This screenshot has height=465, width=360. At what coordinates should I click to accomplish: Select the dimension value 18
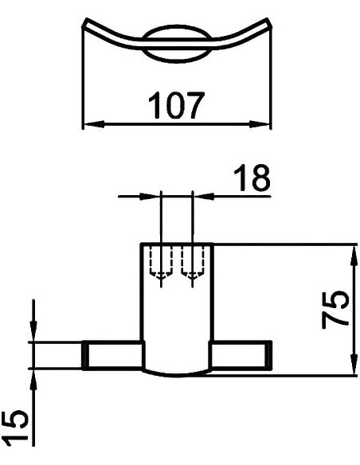click(x=250, y=180)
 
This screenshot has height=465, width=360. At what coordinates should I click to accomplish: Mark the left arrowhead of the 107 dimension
click(x=89, y=124)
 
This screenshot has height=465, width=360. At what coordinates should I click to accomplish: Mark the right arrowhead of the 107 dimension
click(x=264, y=124)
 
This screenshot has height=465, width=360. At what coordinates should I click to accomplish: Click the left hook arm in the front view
click(x=113, y=354)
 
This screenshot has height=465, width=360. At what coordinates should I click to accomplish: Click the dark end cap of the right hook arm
click(x=270, y=354)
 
